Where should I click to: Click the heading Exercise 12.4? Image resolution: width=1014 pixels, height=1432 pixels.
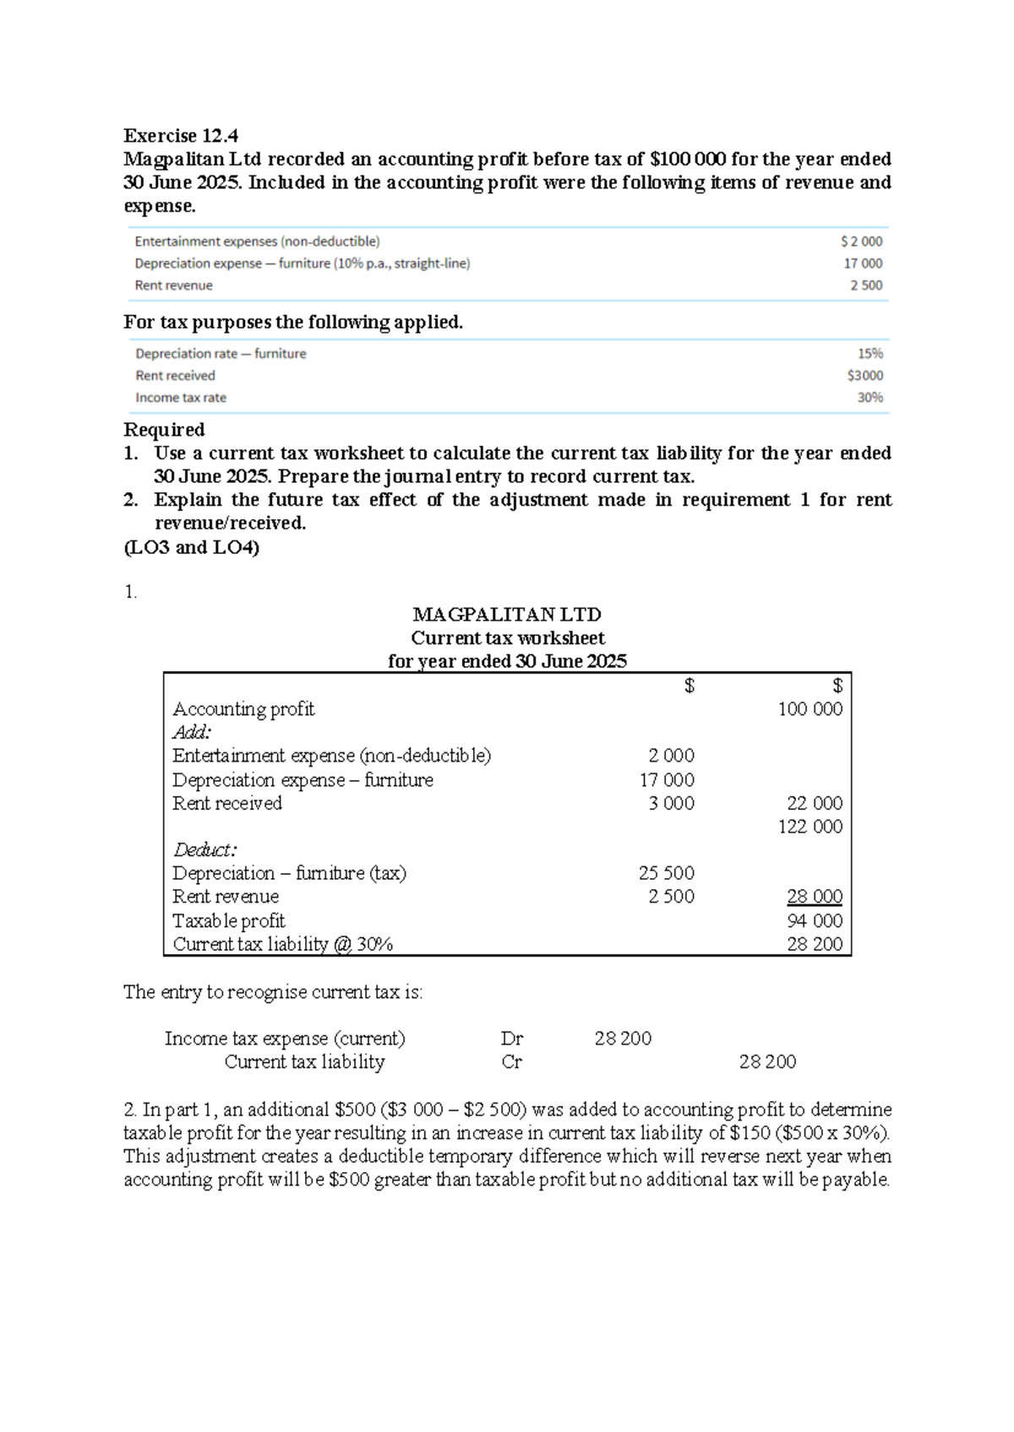tap(181, 135)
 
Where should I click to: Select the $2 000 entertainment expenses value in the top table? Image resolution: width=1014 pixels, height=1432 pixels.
tap(861, 241)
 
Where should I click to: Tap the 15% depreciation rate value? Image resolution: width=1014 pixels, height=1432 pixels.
tap(870, 354)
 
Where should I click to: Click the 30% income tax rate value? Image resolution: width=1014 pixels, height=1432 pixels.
tap(870, 398)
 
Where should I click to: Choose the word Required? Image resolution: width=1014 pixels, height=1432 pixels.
tap(164, 430)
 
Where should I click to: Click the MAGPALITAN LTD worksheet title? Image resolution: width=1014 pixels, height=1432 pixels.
tap(507, 614)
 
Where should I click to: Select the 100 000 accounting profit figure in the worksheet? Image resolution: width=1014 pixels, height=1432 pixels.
tap(810, 709)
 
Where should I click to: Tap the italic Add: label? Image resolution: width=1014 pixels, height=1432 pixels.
tap(192, 732)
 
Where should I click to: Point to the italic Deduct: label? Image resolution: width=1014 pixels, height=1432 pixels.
tap(204, 849)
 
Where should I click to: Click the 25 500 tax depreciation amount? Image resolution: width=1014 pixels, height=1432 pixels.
tap(666, 873)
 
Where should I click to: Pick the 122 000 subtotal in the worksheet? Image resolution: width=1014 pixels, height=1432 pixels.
tap(810, 827)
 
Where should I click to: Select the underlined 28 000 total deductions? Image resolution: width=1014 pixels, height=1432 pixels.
tap(815, 897)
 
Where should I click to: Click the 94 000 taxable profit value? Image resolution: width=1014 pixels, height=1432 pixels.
tap(815, 920)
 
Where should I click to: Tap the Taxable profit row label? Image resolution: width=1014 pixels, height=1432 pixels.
tap(228, 920)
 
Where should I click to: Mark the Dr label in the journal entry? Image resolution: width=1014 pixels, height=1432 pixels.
tap(512, 1039)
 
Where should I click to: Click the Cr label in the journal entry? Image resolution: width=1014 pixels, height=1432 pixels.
tap(511, 1062)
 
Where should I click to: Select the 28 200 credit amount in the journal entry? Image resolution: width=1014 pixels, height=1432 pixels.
tap(767, 1062)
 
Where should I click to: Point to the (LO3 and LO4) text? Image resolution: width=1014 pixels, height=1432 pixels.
tap(191, 547)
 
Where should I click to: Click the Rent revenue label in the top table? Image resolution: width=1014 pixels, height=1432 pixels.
tap(173, 285)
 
